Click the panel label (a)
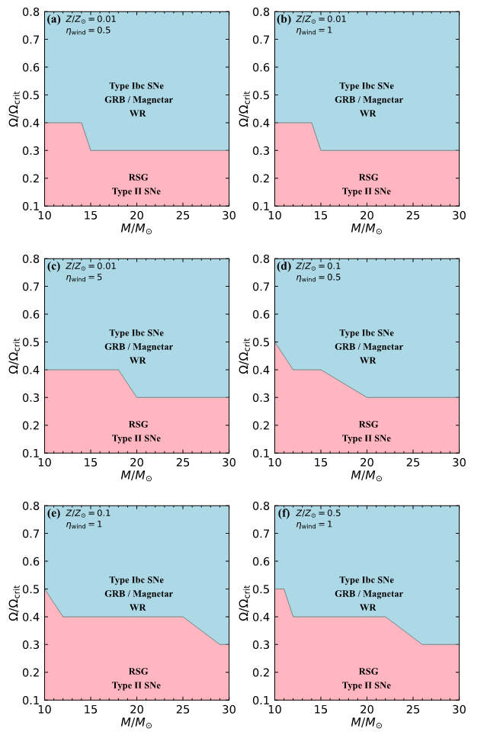tap(53, 19)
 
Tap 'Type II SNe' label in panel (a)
tap(137, 191)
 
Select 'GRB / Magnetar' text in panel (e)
tap(137, 594)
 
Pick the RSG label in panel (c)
tap(137, 424)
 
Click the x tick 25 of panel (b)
tap(413, 217)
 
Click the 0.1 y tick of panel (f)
tap(261, 700)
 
